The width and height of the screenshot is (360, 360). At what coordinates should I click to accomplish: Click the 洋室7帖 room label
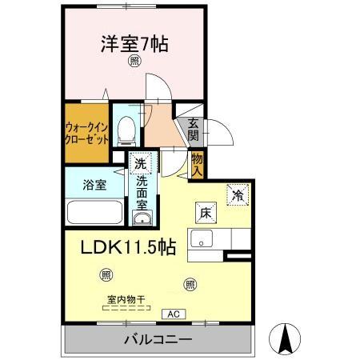[x=134, y=44]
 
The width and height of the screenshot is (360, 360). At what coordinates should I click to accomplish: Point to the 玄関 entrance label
[x=194, y=130]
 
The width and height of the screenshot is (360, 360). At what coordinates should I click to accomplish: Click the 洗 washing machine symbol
[x=141, y=163]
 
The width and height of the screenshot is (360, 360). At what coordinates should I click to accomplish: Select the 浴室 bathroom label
[x=94, y=185]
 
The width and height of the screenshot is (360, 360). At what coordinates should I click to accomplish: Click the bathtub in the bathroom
[x=94, y=214]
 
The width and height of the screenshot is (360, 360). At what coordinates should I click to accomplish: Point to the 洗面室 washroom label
[x=142, y=193]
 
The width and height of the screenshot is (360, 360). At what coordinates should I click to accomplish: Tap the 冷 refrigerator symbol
[x=238, y=194]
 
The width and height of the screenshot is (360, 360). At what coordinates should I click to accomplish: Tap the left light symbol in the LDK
[x=107, y=275]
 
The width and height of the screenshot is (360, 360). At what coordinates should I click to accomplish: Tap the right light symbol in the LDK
[x=190, y=282]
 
